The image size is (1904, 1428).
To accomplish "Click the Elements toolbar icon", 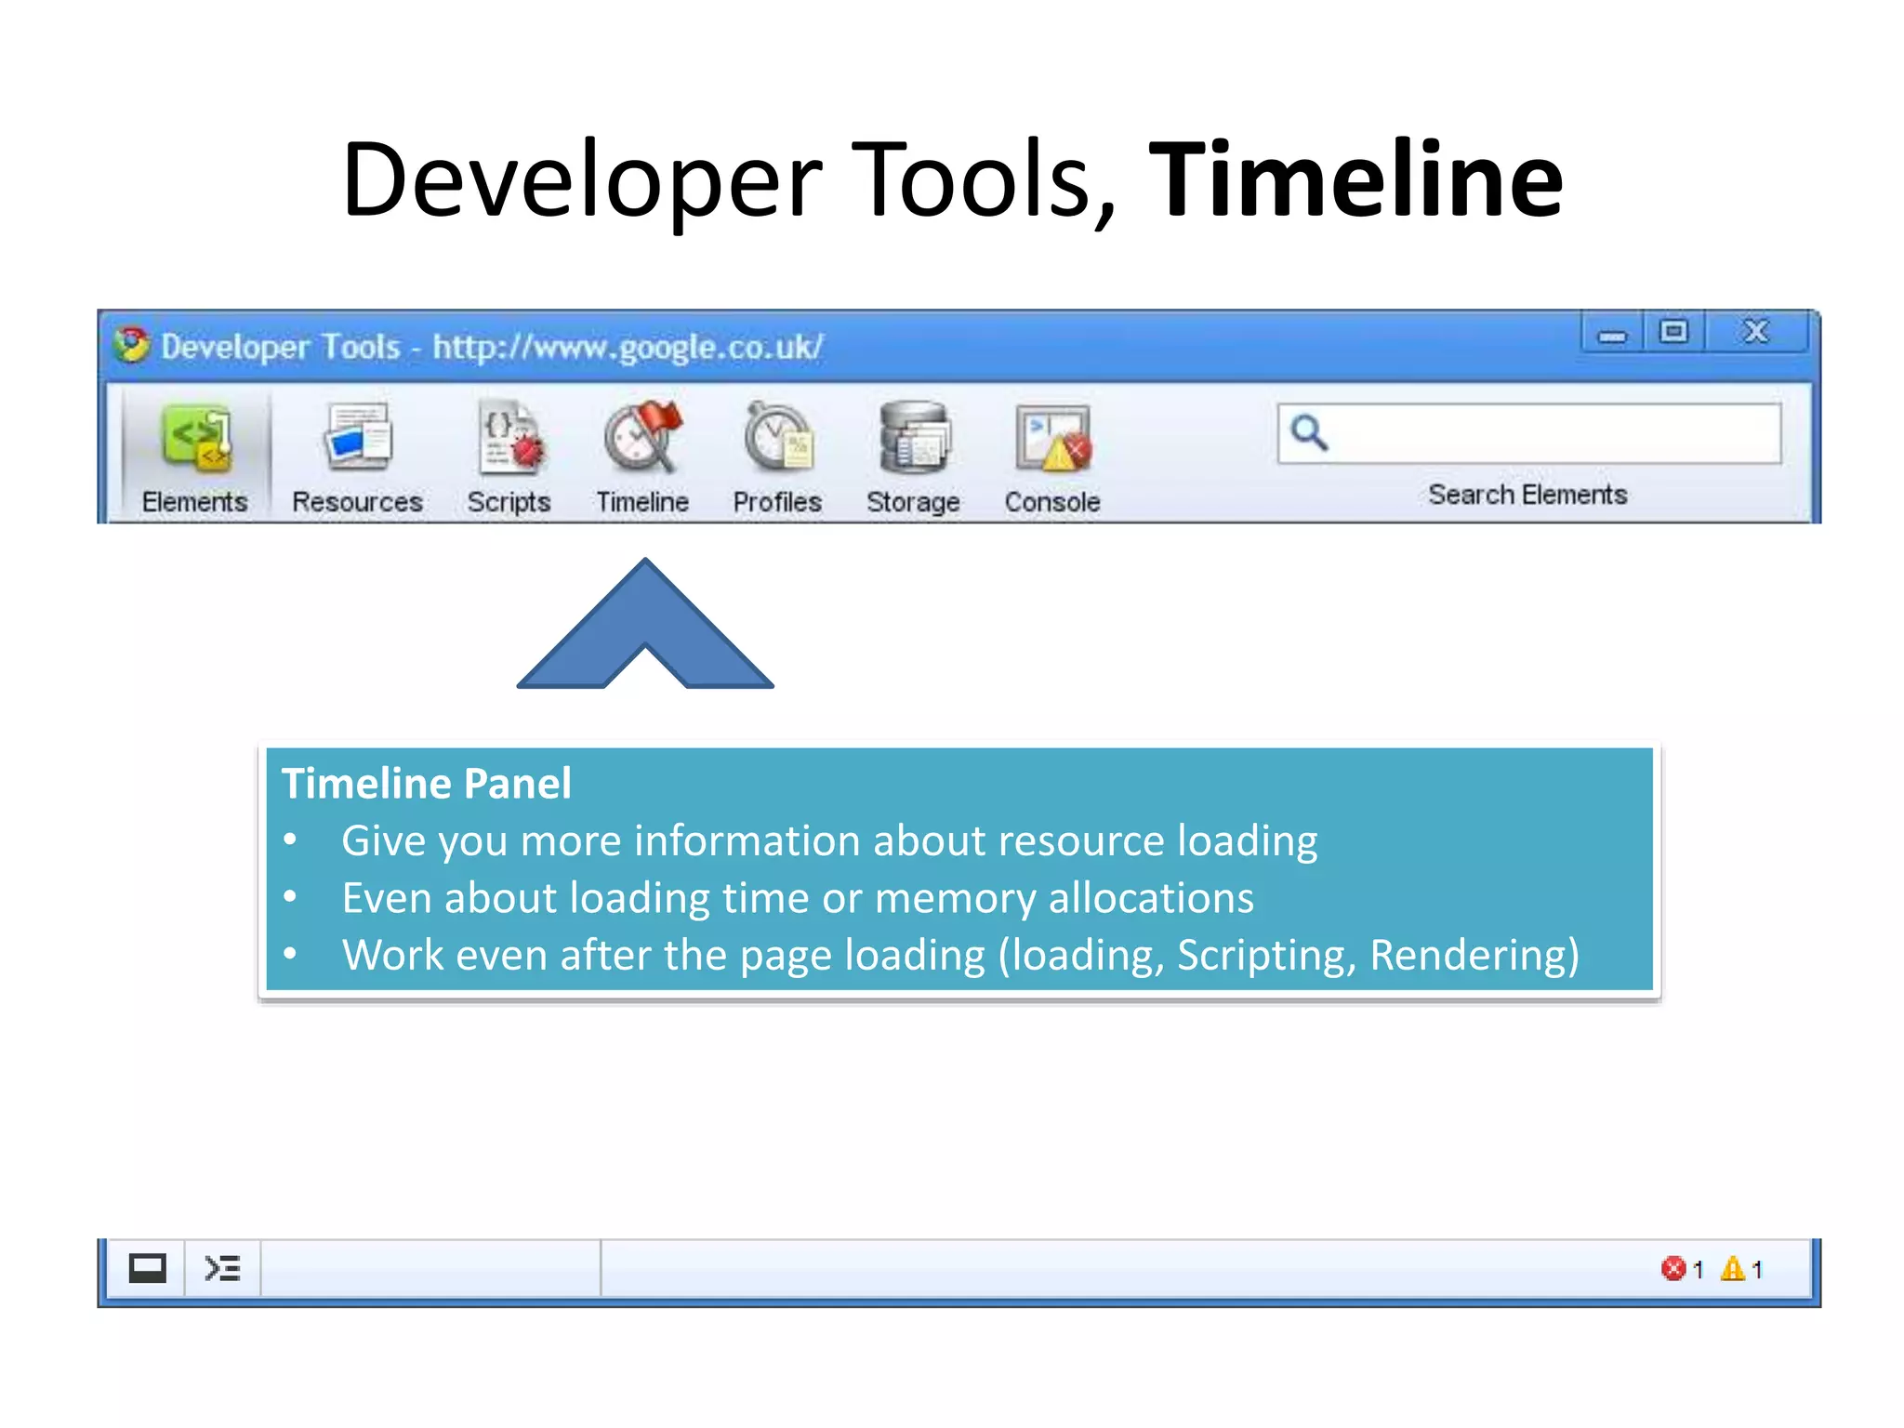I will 195,439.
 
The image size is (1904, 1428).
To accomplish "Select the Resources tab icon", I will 358,437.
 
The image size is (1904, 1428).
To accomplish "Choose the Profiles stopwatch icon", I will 777,437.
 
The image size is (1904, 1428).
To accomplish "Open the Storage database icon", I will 914,437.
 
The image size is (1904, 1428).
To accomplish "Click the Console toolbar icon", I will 1052,437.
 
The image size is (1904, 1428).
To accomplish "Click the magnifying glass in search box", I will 1309,432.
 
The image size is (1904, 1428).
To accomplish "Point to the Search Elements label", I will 1527,495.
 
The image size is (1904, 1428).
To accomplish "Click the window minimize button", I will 1612,334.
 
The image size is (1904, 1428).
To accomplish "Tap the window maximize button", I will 1673,332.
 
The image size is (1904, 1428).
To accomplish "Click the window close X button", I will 1755,332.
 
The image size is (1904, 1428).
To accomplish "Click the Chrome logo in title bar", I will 132,345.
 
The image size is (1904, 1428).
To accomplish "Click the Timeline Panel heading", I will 426,783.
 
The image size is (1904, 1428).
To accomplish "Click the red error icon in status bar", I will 1673,1268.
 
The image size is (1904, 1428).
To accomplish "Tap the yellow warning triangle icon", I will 1732,1268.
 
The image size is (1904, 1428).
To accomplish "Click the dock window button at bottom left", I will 147,1268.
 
